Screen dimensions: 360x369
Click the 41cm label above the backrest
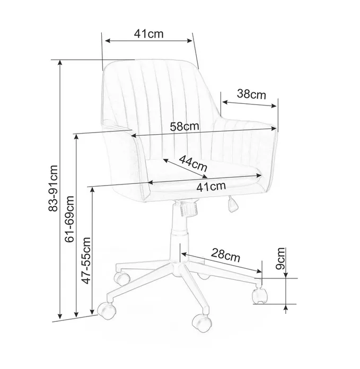[148, 33]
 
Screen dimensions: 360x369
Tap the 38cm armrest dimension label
[251, 94]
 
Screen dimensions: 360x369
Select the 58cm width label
[185, 127]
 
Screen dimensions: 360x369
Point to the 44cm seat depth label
[193, 163]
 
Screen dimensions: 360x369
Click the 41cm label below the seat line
[212, 187]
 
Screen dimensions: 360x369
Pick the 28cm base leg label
[225, 255]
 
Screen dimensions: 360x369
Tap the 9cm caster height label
[280, 258]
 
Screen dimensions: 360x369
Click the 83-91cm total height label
[53, 188]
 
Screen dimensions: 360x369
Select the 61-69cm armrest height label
[69, 219]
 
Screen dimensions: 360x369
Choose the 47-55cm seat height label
[86, 260]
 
